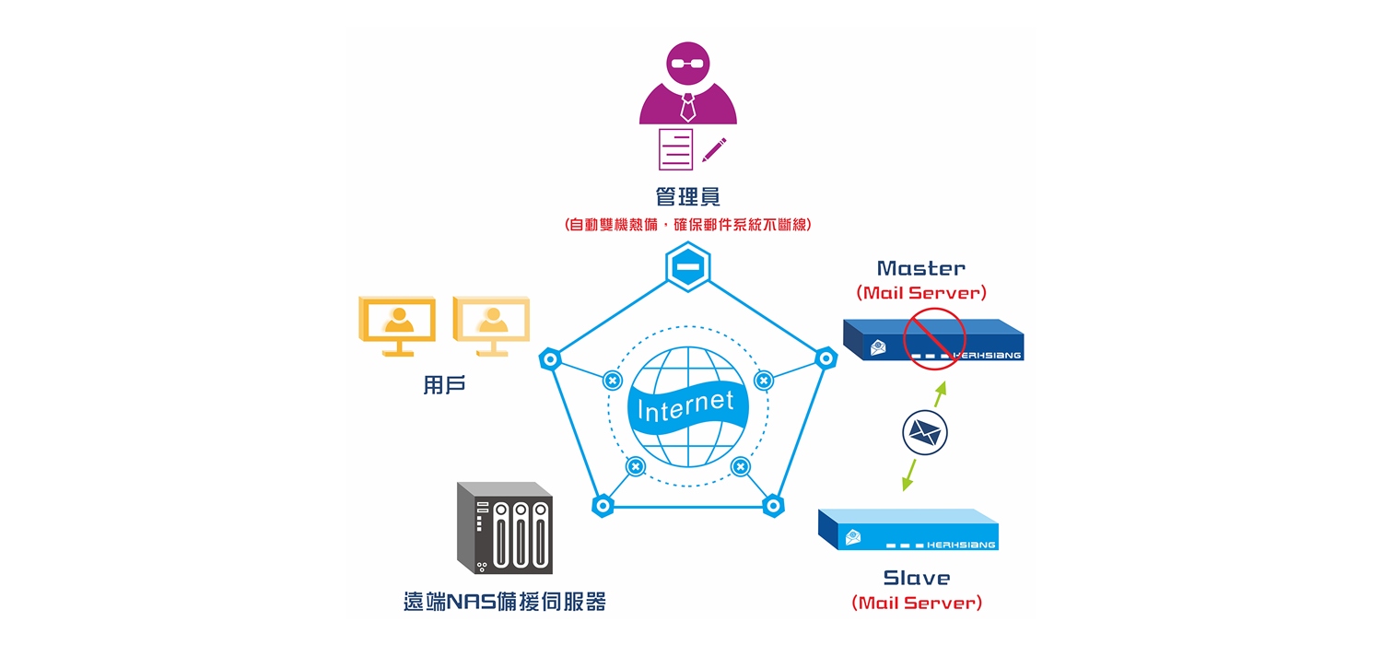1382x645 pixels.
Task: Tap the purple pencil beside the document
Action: [715, 149]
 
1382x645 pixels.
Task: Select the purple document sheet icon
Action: [675, 149]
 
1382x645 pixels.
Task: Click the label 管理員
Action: [687, 196]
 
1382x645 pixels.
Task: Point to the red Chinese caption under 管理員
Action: [687, 224]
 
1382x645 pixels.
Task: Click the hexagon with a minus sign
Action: [687, 269]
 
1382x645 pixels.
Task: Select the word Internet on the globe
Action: [686, 405]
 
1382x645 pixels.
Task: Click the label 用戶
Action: [444, 385]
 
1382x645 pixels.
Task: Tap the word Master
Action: [921, 268]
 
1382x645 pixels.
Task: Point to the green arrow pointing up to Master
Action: [940, 394]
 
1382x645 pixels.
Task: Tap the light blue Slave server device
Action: [908, 530]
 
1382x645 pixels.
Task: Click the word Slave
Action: [916, 578]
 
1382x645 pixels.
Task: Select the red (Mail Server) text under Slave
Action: [917, 603]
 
